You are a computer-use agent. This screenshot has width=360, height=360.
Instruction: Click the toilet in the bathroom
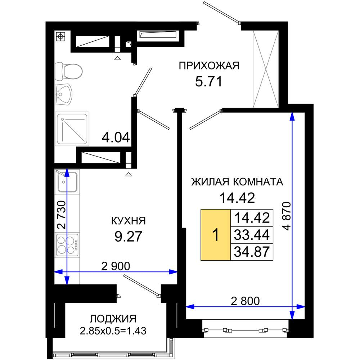[x=68, y=71]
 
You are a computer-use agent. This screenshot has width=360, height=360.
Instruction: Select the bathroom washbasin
[x=63, y=94]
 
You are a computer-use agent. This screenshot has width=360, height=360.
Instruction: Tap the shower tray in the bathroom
[x=72, y=129]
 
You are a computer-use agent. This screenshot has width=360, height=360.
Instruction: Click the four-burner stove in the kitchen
[x=67, y=245]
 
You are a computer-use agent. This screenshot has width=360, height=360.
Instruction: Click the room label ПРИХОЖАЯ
[x=209, y=66]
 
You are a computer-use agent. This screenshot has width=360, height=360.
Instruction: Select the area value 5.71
[x=209, y=81]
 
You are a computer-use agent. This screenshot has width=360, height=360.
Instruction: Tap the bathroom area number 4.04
[x=116, y=138]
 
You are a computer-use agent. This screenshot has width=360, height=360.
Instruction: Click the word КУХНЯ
[x=129, y=221]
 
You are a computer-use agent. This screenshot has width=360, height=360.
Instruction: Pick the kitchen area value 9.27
[x=129, y=237]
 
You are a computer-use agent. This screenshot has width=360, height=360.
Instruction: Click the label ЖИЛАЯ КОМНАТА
[x=237, y=182]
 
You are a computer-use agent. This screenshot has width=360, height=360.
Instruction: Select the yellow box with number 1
[x=216, y=235]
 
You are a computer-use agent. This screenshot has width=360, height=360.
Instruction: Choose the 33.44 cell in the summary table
[x=252, y=235]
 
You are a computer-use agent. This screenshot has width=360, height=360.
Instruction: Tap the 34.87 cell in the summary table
[x=252, y=252]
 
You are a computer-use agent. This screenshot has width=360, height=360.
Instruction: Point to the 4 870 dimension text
[x=287, y=216]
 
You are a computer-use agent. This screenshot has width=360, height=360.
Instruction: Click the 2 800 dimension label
[x=245, y=301]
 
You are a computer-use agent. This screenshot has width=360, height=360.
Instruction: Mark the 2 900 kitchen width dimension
[x=116, y=266]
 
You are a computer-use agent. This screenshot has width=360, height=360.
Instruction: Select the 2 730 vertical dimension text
[x=62, y=215]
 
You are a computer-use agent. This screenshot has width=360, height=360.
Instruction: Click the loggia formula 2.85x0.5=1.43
[x=113, y=331]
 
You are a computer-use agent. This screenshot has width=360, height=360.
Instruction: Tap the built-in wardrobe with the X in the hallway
[x=266, y=69]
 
